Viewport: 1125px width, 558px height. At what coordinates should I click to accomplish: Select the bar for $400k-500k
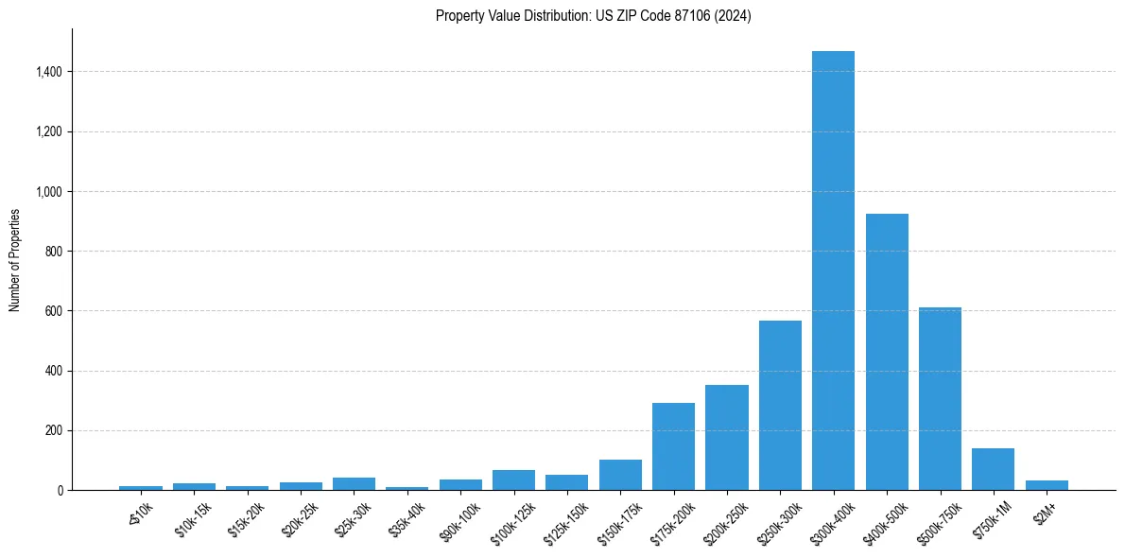coord(887,352)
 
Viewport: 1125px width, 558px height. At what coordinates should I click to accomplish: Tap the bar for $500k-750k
coord(940,398)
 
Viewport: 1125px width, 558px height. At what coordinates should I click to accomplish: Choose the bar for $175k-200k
coord(673,446)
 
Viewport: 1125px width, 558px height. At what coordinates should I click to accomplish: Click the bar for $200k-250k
coord(727,437)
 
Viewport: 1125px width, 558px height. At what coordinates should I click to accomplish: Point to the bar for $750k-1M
coord(993,469)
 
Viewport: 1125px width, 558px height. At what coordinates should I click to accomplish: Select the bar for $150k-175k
coord(620,475)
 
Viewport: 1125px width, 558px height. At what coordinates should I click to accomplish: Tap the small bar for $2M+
coord(1047,485)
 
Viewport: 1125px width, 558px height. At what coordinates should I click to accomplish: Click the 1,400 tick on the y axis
coord(48,72)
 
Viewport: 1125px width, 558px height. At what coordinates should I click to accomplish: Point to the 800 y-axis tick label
coord(54,252)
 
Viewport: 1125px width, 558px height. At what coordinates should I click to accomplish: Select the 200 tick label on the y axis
coord(54,430)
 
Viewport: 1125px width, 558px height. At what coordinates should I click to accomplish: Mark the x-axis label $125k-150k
coord(565,520)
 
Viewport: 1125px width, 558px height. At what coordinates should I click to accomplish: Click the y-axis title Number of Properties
coord(15,259)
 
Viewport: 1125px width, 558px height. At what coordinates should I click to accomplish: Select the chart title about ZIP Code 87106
coord(593,16)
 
